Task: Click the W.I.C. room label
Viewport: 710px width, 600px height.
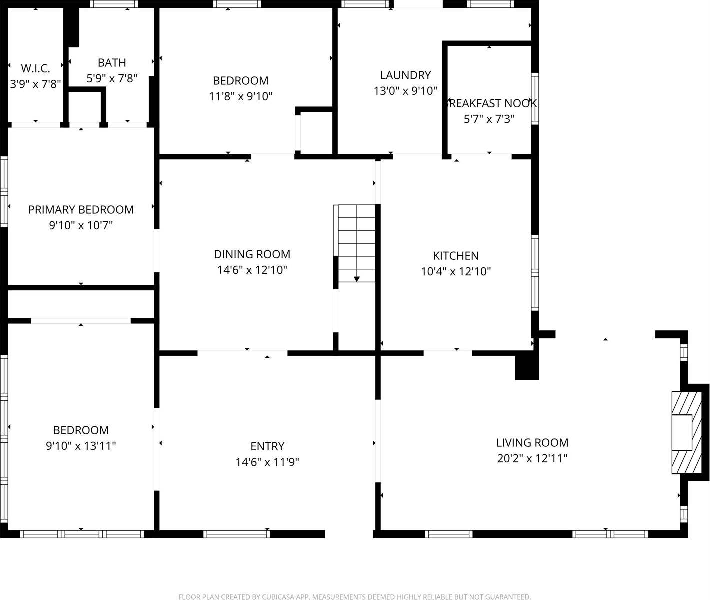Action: (x=35, y=68)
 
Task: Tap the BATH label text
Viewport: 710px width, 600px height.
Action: (x=112, y=63)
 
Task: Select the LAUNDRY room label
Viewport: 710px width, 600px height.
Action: (x=405, y=75)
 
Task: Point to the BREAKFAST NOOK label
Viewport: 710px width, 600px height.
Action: (x=491, y=103)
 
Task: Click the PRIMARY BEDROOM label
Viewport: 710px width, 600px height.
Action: (x=81, y=210)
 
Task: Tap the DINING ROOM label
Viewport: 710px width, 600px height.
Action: (x=252, y=254)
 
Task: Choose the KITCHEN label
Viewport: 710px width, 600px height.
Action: (x=456, y=256)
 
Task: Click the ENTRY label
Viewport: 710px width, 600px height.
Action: (x=267, y=446)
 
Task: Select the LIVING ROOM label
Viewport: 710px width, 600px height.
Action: (x=532, y=442)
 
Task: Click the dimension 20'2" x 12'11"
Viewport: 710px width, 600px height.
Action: (x=532, y=458)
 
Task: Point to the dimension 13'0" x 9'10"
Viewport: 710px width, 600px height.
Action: (x=405, y=91)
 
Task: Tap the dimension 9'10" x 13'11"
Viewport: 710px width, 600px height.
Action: (x=81, y=446)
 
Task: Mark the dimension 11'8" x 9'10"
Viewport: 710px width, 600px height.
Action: (x=240, y=96)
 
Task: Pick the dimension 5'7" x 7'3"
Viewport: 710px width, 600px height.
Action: (x=489, y=119)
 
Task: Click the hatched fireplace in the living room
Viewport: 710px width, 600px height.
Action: (x=682, y=433)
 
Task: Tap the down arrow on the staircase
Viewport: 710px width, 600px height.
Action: (x=357, y=278)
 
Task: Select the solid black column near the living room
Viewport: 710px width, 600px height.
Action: (x=527, y=366)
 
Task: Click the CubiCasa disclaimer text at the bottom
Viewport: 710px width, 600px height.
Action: (x=354, y=596)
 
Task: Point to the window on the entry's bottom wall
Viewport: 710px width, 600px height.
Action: (x=237, y=534)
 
